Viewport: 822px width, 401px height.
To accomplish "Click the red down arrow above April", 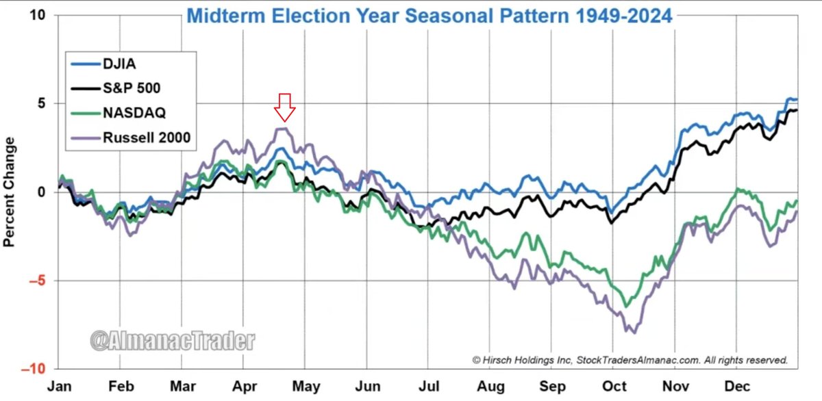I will tap(284, 107).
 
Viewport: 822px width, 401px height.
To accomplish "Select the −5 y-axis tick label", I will tap(36, 281).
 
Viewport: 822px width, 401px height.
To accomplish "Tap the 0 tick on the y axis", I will tap(41, 192).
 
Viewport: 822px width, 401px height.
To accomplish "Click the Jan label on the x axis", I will tap(58, 387).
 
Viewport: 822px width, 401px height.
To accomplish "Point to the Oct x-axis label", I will tap(615, 387).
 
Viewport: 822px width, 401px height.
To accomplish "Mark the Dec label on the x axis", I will tap(738, 387).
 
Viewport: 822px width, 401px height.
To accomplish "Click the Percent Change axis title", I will tap(10, 192).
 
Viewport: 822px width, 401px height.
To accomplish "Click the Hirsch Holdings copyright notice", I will tap(630, 359).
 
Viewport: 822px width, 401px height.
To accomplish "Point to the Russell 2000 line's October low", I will tap(634, 333).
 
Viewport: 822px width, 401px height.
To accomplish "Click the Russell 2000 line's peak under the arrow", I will tap(283, 128).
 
